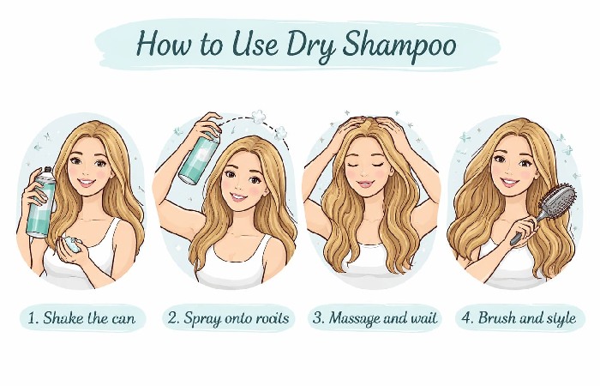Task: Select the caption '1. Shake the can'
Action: pyautogui.click(x=81, y=319)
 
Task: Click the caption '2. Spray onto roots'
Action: pyautogui.click(x=229, y=319)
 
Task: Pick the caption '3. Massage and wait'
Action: pyautogui.click(x=375, y=319)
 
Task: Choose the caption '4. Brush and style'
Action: pyautogui.click(x=521, y=319)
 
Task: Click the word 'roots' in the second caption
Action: pyautogui.click(x=271, y=319)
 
